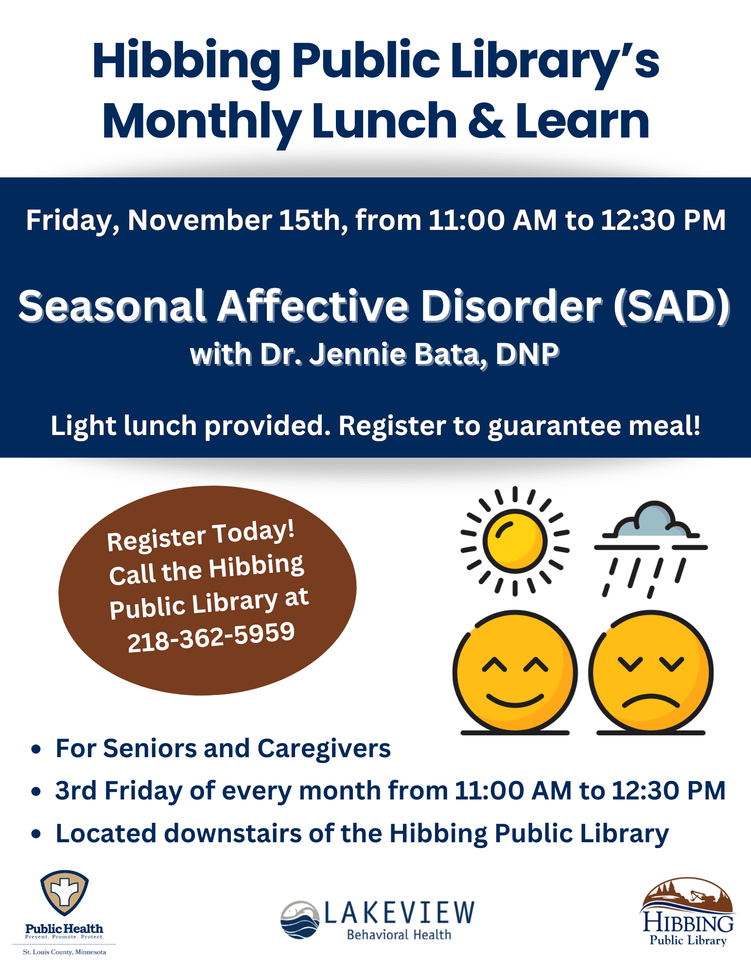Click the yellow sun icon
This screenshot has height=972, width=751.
point(515,541)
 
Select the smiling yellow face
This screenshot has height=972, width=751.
point(515,672)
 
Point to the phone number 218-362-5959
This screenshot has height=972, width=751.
point(211,637)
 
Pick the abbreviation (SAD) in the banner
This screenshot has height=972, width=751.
point(671,306)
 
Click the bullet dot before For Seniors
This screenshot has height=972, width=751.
point(35,749)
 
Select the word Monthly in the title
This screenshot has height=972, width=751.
point(202,122)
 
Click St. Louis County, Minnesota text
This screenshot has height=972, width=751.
point(64,952)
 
